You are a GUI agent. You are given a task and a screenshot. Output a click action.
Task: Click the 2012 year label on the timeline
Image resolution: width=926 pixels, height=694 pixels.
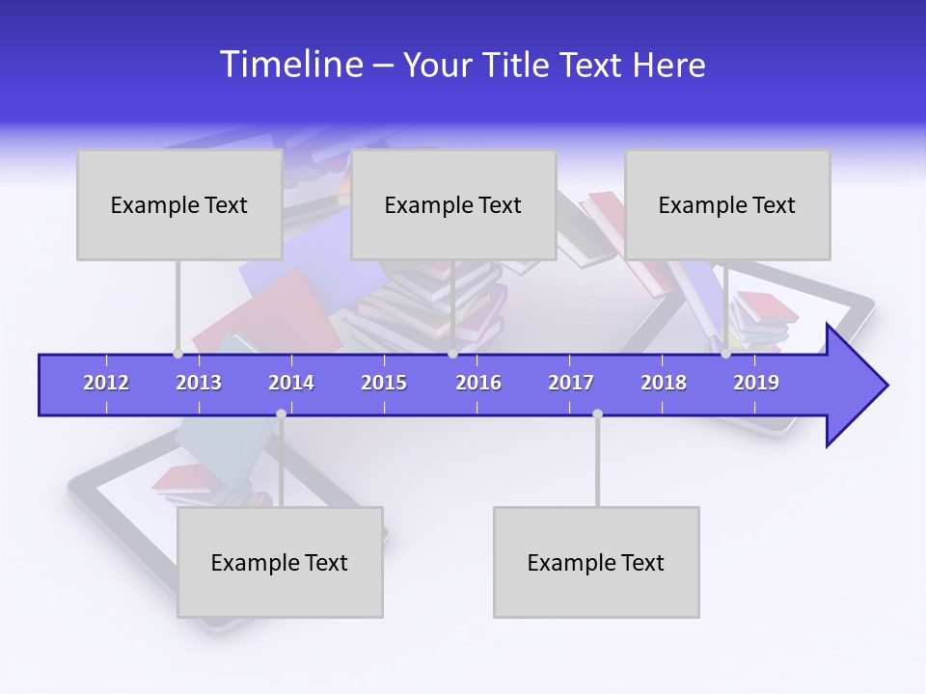(x=106, y=383)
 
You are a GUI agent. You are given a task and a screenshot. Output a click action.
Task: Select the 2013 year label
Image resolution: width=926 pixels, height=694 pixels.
(x=199, y=383)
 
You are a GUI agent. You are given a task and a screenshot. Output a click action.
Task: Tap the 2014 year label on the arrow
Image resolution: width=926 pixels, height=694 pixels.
(x=291, y=383)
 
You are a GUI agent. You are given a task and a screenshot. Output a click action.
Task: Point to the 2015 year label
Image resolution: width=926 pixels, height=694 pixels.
(x=384, y=383)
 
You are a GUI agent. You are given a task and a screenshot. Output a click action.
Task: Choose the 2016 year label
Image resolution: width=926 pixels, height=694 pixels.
(x=478, y=383)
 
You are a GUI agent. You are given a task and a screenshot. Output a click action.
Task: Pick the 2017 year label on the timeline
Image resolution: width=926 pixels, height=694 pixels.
(x=571, y=383)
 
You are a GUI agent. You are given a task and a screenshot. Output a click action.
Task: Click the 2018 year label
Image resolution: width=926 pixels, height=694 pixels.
(x=664, y=383)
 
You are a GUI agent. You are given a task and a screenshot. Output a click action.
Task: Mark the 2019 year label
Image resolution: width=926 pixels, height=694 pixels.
(x=756, y=383)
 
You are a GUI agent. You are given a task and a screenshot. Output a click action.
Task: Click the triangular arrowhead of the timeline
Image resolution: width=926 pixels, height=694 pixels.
(x=855, y=386)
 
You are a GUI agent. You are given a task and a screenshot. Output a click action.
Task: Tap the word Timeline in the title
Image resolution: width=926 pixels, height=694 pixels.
(x=290, y=65)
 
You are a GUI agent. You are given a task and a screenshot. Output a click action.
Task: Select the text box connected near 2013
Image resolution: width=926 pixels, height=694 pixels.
(x=179, y=204)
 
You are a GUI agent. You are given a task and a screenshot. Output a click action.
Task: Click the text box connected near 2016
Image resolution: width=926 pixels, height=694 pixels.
(x=453, y=204)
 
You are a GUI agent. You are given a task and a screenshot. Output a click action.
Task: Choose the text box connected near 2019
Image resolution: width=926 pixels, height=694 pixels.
(x=727, y=204)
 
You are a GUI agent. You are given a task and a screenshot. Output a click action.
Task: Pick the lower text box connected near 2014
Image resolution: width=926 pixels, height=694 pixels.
(x=280, y=562)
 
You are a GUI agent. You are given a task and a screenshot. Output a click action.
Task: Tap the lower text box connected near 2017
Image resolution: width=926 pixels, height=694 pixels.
(x=596, y=562)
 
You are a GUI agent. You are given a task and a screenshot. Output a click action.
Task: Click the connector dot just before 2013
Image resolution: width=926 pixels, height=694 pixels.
(x=177, y=354)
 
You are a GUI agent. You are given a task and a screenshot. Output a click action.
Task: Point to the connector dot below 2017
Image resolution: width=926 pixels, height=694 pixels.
(x=597, y=414)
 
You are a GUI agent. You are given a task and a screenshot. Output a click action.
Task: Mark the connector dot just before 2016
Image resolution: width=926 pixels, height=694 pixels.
(x=453, y=354)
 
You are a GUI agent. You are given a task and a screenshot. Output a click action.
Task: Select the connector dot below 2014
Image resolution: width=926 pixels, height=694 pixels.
(x=281, y=414)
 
